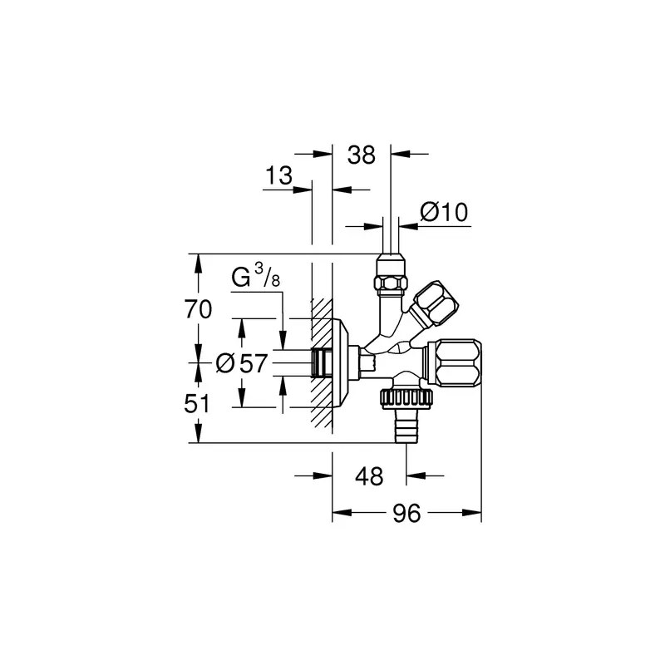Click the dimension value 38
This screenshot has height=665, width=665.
(x=362, y=155)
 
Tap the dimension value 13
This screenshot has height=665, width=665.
(x=278, y=175)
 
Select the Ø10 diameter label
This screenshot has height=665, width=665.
(x=444, y=212)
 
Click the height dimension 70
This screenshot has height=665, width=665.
(x=198, y=308)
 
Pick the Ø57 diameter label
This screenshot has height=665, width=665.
(x=242, y=363)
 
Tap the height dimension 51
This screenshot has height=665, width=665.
(x=197, y=404)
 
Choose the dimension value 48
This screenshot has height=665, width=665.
(x=369, y=476)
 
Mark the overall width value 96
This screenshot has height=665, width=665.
(x=406, y=513)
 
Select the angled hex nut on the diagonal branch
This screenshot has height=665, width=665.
(x=436, y=303)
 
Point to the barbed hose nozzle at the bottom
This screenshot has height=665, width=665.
(x=406, y=426)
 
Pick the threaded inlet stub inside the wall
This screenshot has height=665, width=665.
(x=321, y=363)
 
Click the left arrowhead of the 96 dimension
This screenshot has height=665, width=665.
(x=342, y=513)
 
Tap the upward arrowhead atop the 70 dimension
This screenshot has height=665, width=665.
(x=198, y=264)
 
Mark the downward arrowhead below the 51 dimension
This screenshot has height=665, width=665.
(x=198, y=433)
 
